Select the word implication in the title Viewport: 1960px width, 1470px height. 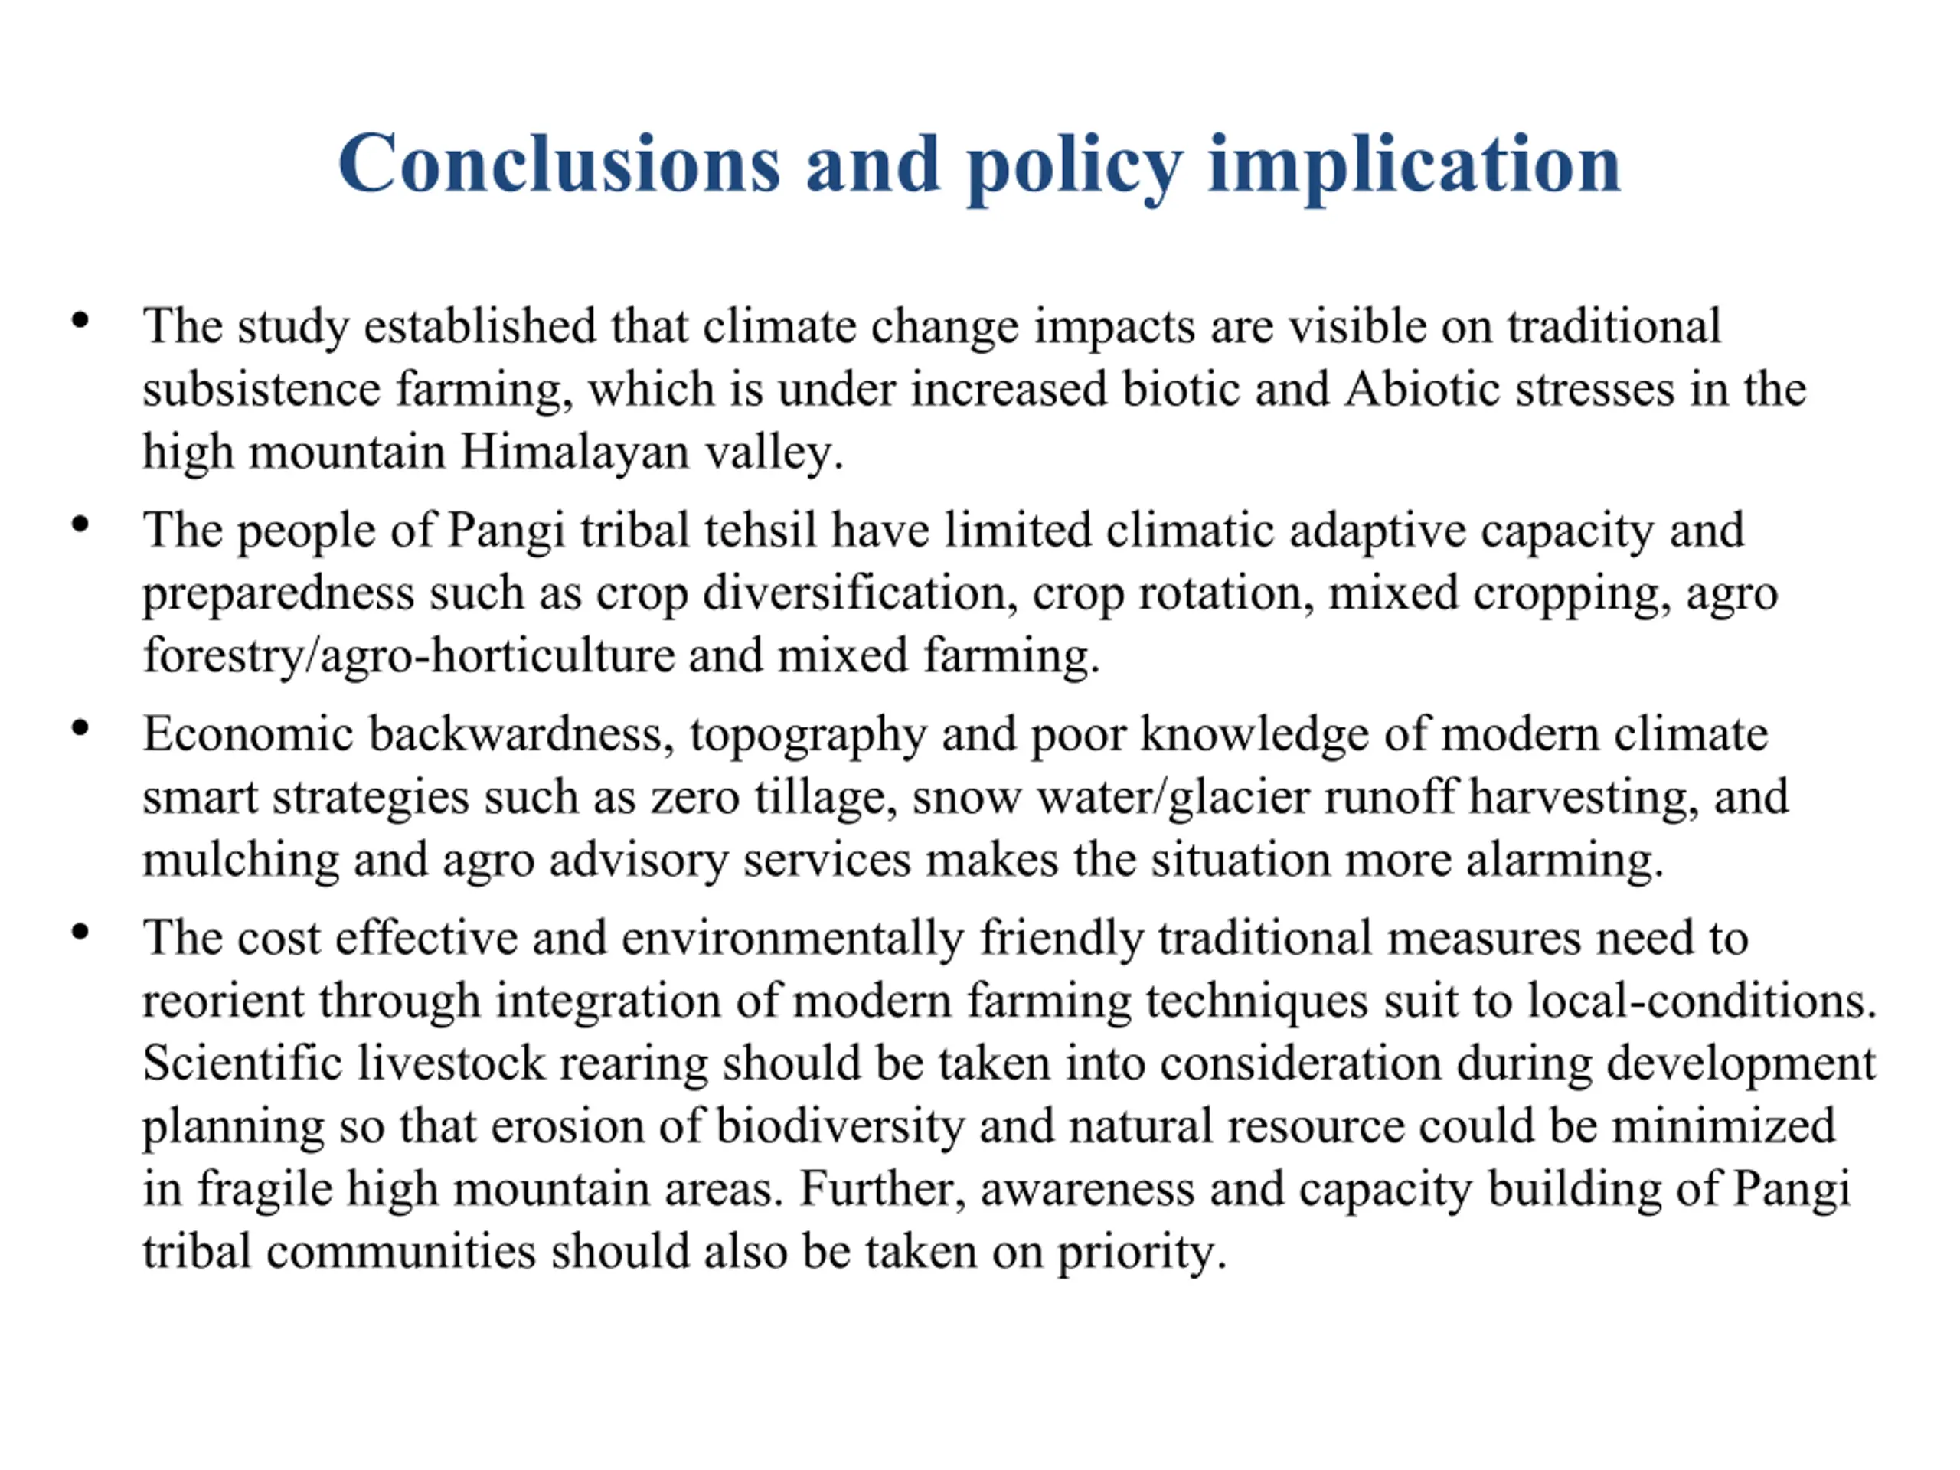(1414, 165)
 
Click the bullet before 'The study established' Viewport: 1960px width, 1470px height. (80, 320)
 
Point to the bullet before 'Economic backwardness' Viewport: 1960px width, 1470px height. (80, 728)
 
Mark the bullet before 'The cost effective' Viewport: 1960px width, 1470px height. (80, 933)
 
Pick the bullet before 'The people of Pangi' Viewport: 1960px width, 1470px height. (80, 524)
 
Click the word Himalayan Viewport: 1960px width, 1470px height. (574, 452)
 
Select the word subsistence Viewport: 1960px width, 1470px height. (260, 389)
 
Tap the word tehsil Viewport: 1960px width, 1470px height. (759, 531)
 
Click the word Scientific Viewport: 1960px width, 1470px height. (242, 1063)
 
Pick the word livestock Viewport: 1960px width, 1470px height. (450, 1063)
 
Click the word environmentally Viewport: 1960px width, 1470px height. (792, 939)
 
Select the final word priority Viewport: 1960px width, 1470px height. (1142, 1253)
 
